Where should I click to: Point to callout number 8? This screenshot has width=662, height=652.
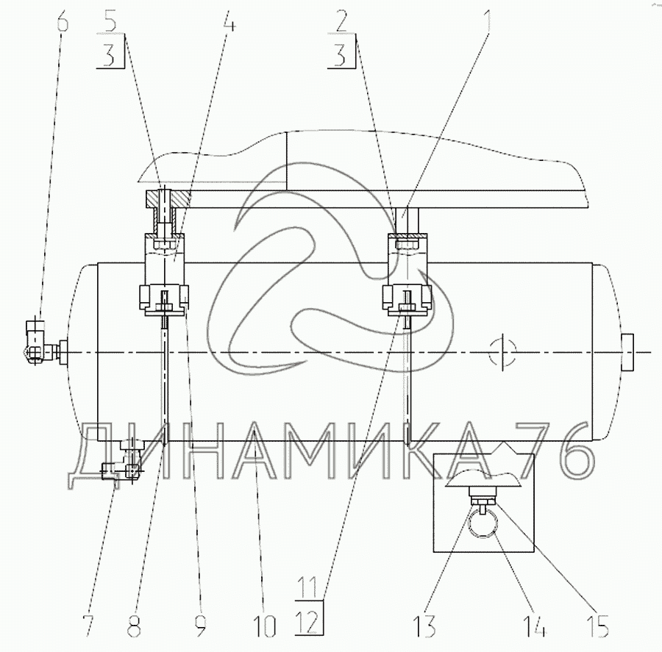(134, 626)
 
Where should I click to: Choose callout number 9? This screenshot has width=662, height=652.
(201, 626)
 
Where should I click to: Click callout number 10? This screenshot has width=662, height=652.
(264, 626)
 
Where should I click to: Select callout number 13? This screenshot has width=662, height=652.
(424, 626)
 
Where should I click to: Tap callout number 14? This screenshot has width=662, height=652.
(535, 626)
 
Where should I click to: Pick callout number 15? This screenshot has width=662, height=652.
(597, 626)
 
